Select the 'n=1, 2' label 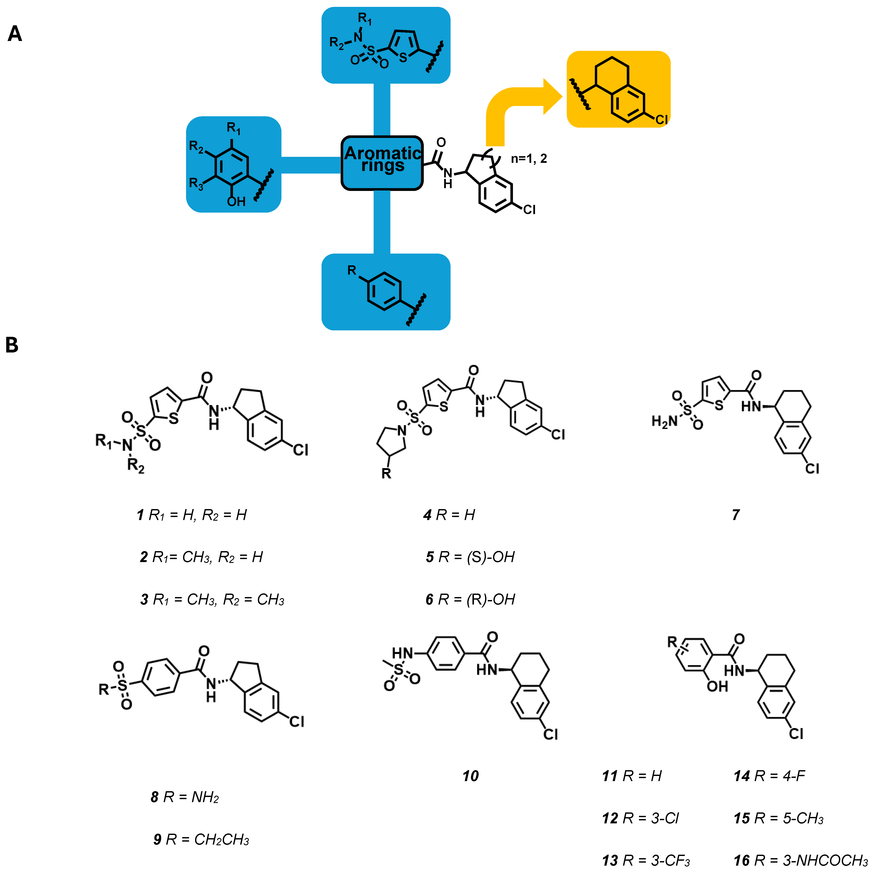(x=529, y=159)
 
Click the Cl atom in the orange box (x=661, y=119)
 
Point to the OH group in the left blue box (x=236, y=201)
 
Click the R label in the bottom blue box (x=352, y=271)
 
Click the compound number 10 (x=470, y=776)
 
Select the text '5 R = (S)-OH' (x=470, y=557)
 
